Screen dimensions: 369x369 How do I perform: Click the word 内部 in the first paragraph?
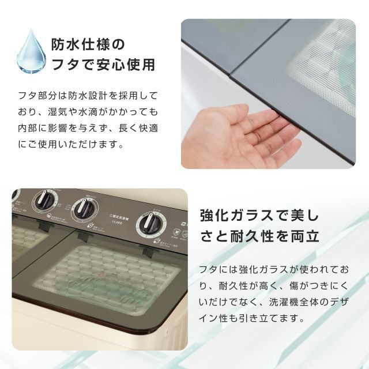(x=27, y=127)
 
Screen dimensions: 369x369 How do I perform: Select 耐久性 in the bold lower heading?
(x=254, y=236)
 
